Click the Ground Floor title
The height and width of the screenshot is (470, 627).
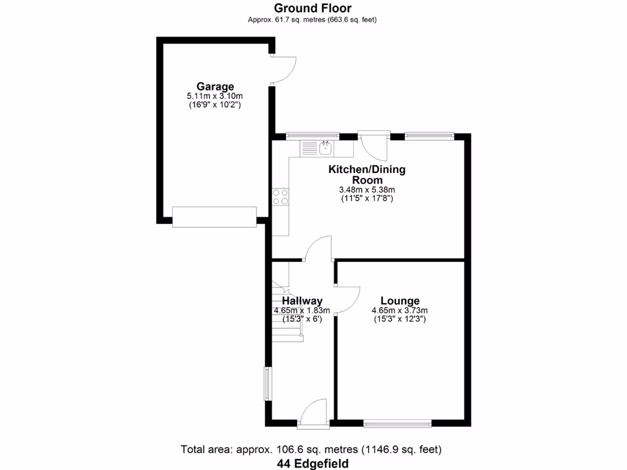(312, 8)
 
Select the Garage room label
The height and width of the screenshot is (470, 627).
(215, 87)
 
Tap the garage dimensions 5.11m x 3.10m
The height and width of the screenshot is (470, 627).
(215, 96)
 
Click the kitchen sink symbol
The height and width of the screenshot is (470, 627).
(326, 147)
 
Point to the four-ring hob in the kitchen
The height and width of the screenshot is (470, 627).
(280, 197)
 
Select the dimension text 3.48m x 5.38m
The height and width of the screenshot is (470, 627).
(367, 190)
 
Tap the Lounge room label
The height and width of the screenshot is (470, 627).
(400, 300)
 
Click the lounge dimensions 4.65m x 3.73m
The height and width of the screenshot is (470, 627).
(400, 310)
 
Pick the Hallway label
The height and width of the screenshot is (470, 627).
(302, 300)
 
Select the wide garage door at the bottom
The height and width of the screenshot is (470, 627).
(214, 217)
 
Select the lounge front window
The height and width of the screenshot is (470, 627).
(397, 422)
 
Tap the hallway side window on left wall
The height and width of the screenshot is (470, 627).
(267, 383)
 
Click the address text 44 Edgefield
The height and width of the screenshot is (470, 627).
(312, 463)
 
